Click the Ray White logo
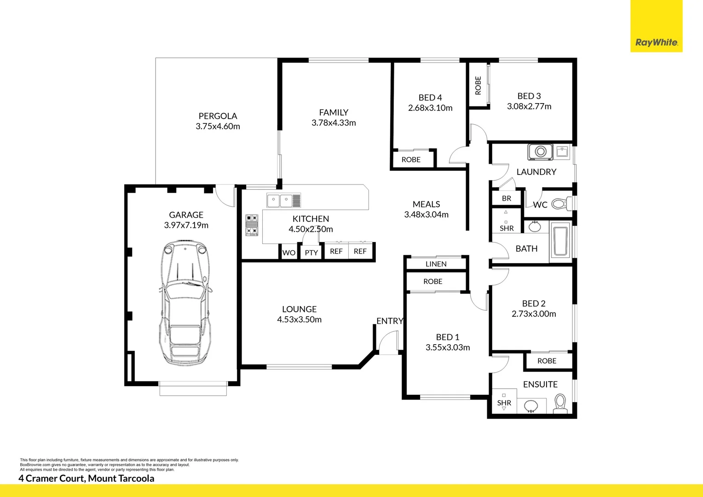656,42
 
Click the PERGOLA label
218,116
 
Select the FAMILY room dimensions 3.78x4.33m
334,123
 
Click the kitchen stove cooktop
251,225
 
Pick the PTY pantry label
311,253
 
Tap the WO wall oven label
288,253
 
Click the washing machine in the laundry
540,152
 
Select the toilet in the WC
559,203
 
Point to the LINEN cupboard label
436,264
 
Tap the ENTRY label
390,321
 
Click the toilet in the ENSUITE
560,402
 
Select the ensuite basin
531,406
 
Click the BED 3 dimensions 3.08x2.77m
529,106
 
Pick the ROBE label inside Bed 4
411,160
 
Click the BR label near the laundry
506,198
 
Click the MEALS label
426,204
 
